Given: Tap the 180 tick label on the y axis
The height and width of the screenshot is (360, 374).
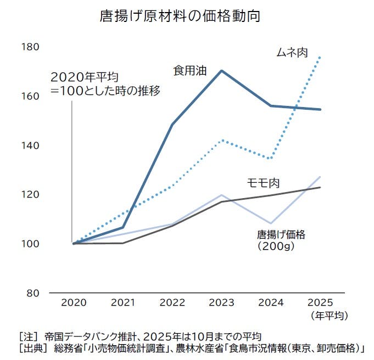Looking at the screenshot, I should pyautogui.click(x=31, y=47).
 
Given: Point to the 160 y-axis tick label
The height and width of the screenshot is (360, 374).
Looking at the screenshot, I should pyautogui.click(x=31, y=96).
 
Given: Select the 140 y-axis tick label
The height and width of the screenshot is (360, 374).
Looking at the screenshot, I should pyautogui.click(x=31, y=145).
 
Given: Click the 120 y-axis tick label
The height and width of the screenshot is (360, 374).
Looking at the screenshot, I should pyautogui.click(x=31, y=194).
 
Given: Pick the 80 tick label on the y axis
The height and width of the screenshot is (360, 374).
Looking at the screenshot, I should pyautogui.click(x=34, y=292).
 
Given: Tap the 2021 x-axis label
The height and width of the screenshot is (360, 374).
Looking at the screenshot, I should pyautogui.click(x=122, y=303).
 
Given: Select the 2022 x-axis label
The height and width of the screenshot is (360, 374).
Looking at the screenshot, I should pyautogui.click(x=172, y=303).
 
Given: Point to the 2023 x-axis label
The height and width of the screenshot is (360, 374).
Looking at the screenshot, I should pyautogui.click(x=221, y=303).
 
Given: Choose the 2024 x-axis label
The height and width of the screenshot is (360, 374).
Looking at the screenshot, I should pyautogui.click(x=271, y=303).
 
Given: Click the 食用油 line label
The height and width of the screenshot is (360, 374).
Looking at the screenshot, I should pyautogui.click(x=189, y=70).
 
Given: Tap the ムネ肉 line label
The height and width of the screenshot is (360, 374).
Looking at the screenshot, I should pyautogui.click(x=291, y=53).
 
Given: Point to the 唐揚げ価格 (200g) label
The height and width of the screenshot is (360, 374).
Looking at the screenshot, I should pyautogui.click(x=281, y=240).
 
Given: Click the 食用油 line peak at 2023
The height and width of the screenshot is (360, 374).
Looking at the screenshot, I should pyautogui.click(x=221, y=71).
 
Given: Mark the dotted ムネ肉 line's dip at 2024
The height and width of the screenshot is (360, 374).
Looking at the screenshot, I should pyautogui.click(x=271, y=159).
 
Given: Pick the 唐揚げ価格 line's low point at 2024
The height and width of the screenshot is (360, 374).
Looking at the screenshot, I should pyautogui.click(x=271, y=223).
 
